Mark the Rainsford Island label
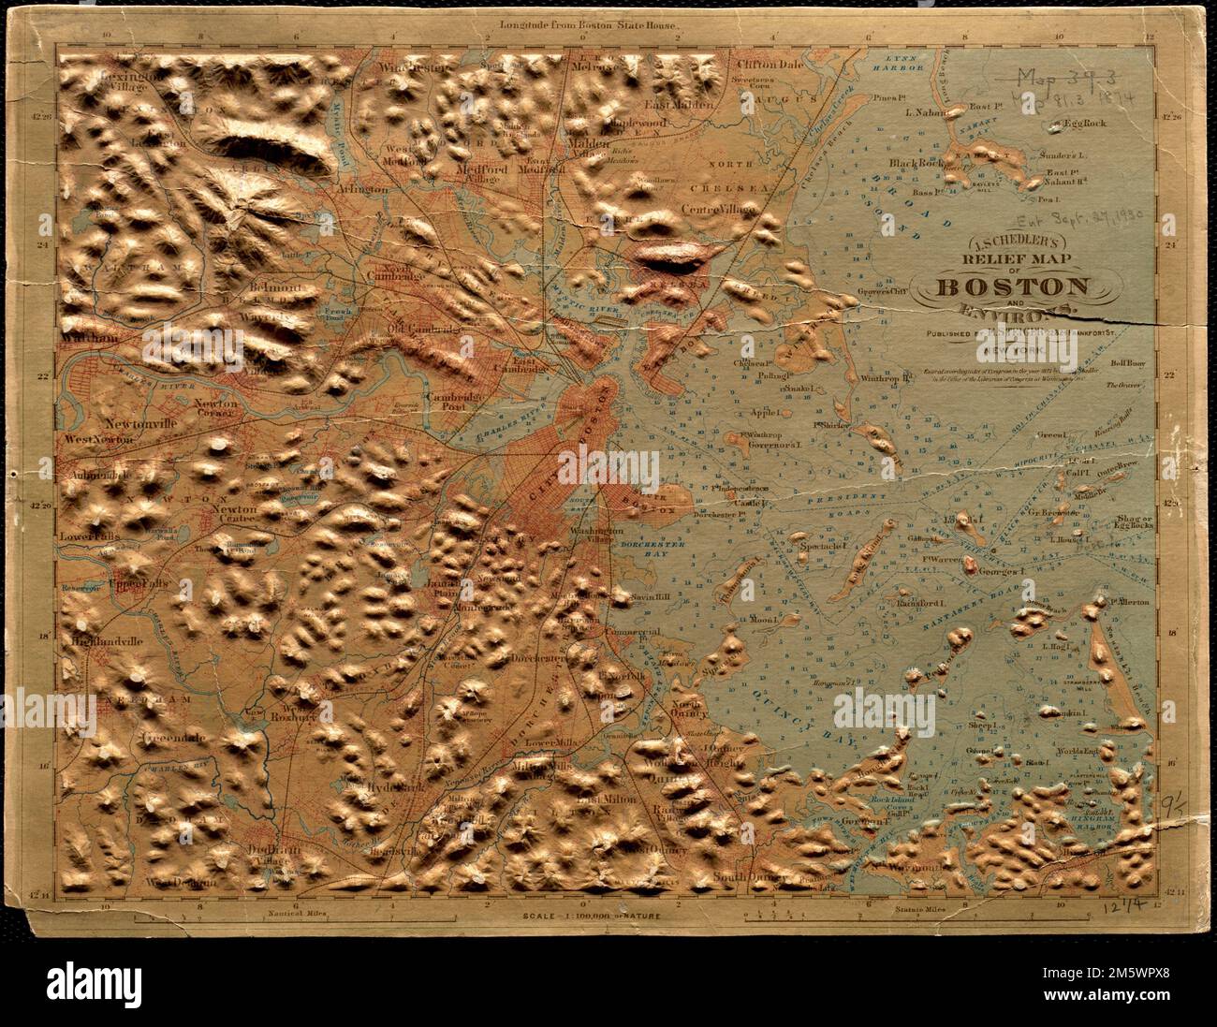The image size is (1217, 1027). click(919, 603)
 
